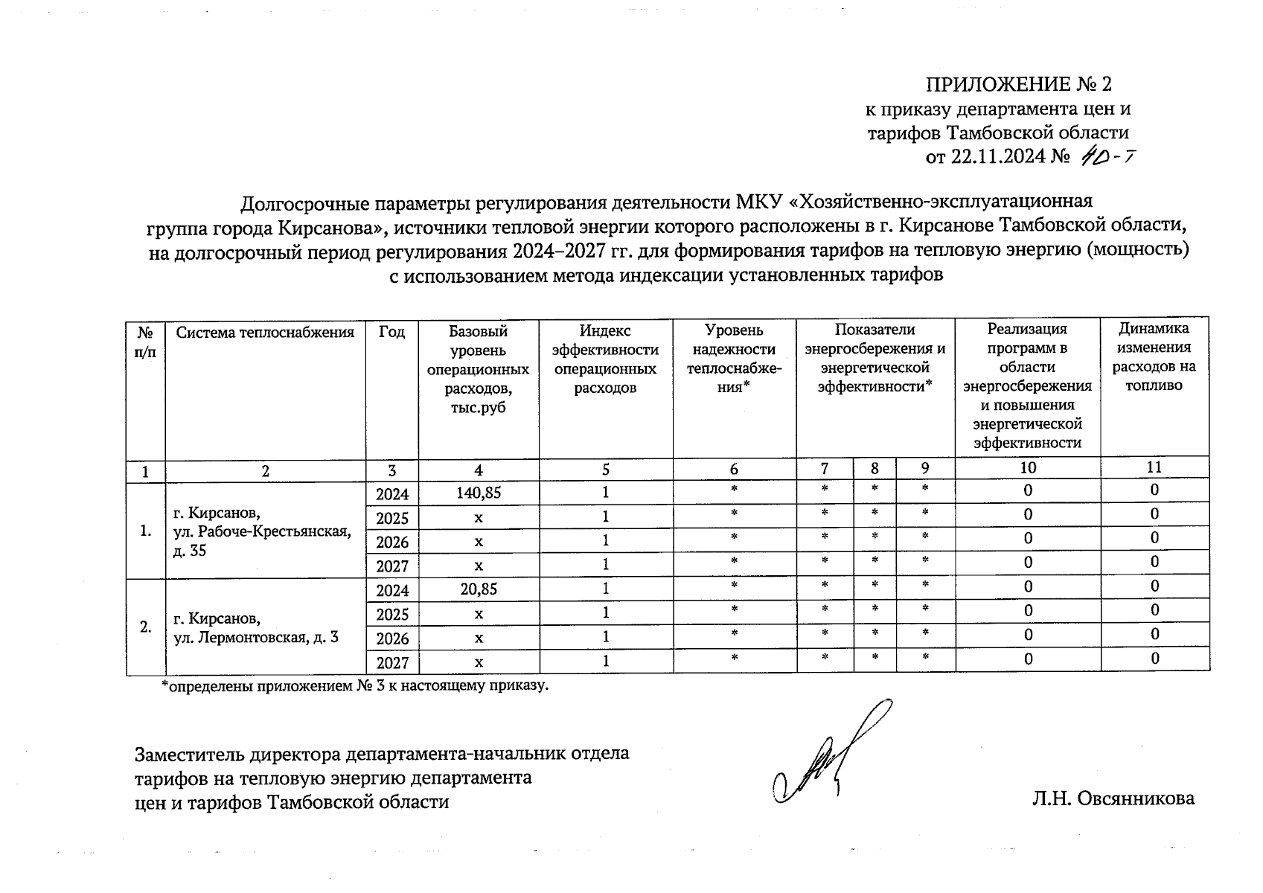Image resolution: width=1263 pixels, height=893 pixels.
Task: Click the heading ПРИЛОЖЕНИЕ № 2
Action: (1018, 83)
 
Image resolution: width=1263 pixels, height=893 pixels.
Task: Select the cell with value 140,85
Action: (479, 492)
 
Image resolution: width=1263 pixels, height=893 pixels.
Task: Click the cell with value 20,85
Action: (479, 589)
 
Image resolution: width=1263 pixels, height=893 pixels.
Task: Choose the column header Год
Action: (391, 332)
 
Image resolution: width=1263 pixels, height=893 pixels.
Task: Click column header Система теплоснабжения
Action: (265, 332)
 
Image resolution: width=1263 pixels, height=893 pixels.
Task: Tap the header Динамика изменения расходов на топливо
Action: (1154, 356)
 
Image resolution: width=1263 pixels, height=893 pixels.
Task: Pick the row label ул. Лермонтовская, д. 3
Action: (256, 638)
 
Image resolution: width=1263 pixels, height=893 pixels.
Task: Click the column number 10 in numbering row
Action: (1027, 468)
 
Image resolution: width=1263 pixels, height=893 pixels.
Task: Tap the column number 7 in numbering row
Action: (825, 468)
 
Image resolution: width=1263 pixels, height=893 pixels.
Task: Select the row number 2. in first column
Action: (146, 627)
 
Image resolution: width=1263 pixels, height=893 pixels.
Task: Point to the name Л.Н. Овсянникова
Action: (1113, 798)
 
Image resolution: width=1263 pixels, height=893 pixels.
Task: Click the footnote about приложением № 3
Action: (355, 685)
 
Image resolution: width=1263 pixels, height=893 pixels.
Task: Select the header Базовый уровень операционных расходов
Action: (479, 369)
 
